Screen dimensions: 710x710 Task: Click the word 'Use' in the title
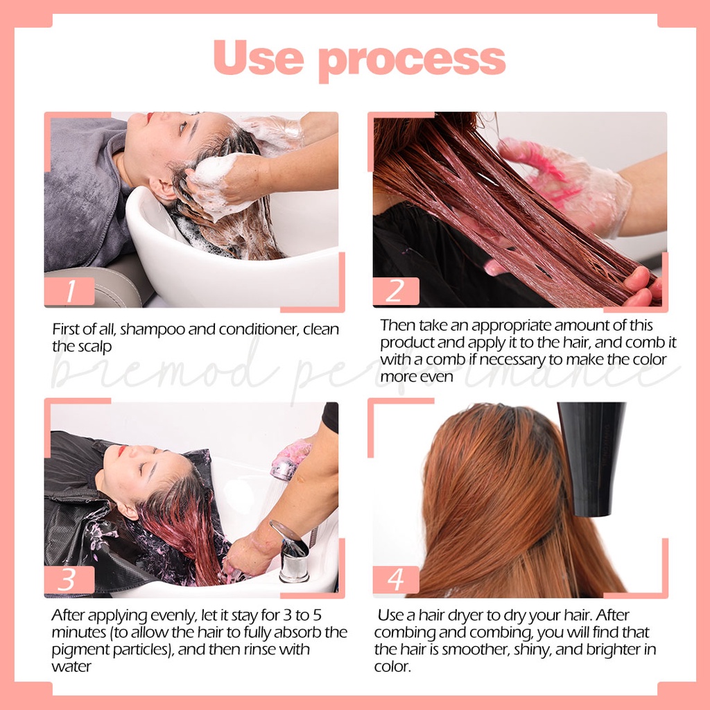(x=259, y=58)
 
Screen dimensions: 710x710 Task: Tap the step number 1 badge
(x=69, y=291)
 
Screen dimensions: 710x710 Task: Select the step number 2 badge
(x=395, y=291)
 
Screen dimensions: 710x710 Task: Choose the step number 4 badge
(x=395, y=580)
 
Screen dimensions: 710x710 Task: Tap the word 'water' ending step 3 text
(x=70, y=666)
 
